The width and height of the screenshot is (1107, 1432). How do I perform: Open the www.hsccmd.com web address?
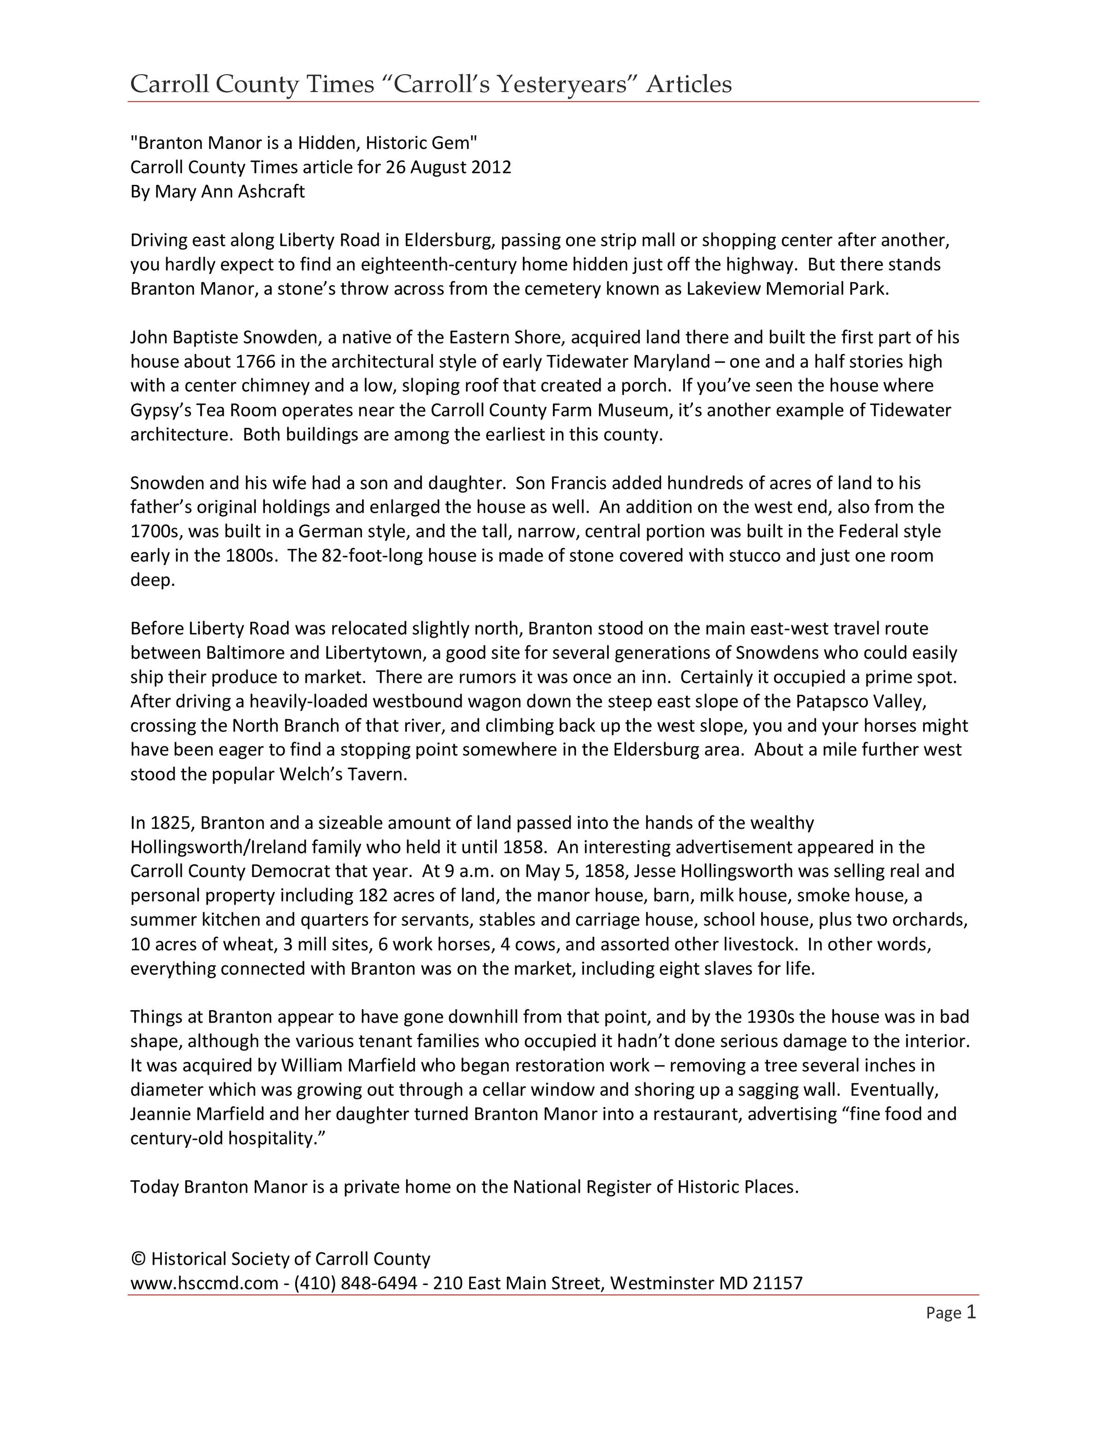click(x=204, y=1283)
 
